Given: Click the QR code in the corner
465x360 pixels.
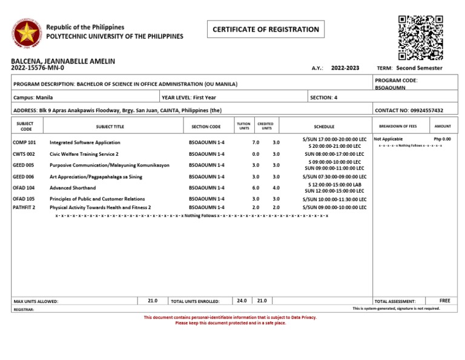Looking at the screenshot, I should pos(420,38).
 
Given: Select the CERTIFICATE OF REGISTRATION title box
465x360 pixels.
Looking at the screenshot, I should pos(265,29).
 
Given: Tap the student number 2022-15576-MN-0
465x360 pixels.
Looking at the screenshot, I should pos(37,68).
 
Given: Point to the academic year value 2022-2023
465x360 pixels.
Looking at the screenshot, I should pos(345,68).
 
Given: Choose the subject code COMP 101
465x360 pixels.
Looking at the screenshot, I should pos(24,142).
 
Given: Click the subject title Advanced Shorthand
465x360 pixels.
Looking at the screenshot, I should pos(73,188).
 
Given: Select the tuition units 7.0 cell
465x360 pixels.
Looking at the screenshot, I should pos(256,142).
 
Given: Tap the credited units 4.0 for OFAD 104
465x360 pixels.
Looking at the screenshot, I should pos(276,188).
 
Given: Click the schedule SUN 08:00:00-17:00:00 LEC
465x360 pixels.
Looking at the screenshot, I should pos(334,154).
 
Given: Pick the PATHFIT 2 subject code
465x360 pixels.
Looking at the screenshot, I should pos(24,207).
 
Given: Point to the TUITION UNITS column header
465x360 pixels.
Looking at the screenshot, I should pos(244,126).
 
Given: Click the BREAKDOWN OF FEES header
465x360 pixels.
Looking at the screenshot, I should pos(397,126).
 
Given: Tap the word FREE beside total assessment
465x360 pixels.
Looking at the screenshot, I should pos(445,301).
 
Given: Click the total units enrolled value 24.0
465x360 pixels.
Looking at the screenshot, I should pos(242,301).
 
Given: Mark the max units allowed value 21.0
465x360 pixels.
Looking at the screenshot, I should pos(153,301).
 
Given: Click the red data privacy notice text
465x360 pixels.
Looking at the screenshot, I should pos(230,320).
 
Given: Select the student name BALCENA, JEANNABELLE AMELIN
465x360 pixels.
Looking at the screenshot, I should pos(63,61).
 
